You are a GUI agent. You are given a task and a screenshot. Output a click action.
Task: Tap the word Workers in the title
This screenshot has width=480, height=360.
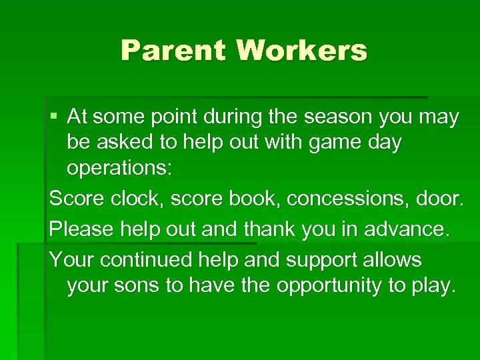[x=301, y=50]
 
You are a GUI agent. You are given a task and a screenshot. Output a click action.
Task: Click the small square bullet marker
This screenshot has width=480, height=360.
[x=53, y=117]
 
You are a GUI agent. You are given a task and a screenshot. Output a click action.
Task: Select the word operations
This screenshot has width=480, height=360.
[x=119, y=167]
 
